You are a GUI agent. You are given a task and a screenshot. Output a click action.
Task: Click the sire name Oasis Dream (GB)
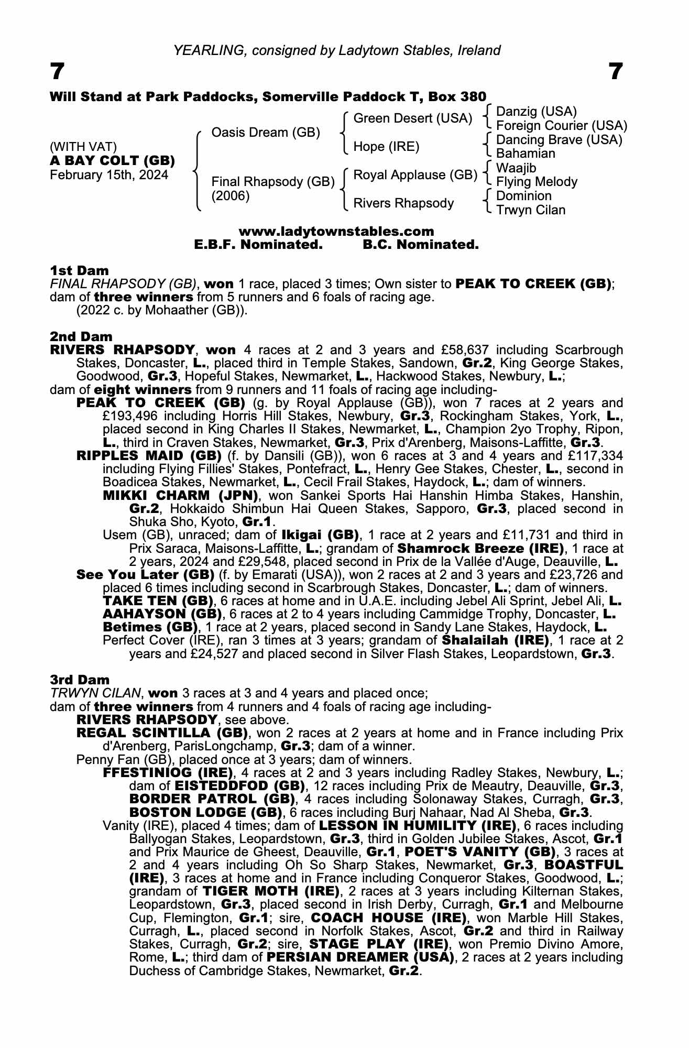tap(265, 133)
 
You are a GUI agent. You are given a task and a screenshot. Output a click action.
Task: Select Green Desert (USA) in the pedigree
tap(413, 118)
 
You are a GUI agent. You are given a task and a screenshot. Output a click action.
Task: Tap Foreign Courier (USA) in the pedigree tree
tap(561, 126)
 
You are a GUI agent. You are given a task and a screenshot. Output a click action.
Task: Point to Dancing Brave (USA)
tap(559, 140)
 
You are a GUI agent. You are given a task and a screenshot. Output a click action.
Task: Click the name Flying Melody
tap(536, 182)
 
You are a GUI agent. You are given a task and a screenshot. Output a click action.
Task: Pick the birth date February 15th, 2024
tap(109, 175)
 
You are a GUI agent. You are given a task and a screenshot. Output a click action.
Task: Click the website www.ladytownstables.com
tap(336, 232)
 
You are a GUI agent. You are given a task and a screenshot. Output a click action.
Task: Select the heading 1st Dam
tap(79, 270)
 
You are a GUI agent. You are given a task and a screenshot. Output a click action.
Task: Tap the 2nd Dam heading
tap(81, 336)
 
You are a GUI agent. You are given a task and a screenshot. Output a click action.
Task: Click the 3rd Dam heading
tap(80, 680)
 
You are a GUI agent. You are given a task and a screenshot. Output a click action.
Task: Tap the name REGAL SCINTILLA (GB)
tap(162, 733)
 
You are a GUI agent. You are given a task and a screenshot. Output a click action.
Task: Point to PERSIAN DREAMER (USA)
tap(359, 957)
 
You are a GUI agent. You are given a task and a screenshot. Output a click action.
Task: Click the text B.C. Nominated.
tap(420, 245)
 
